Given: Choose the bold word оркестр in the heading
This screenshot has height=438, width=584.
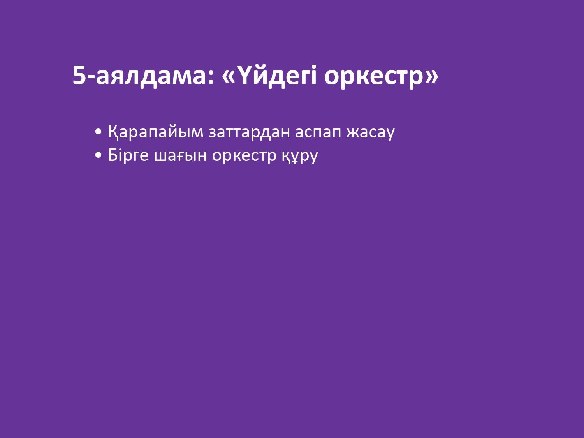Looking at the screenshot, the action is (374, 79).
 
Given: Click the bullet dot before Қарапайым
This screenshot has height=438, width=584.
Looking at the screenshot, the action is (99, 132).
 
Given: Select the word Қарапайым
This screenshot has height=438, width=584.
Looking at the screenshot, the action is (156, 132).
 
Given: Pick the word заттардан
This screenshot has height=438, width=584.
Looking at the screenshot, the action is (249, 132).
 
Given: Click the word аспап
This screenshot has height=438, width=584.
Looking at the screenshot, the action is (318, 132).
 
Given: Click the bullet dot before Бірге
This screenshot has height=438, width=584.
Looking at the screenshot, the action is (99, 155).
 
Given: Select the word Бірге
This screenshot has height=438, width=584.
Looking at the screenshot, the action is (128, 155).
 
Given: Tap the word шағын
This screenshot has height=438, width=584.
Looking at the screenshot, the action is (180, 156).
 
